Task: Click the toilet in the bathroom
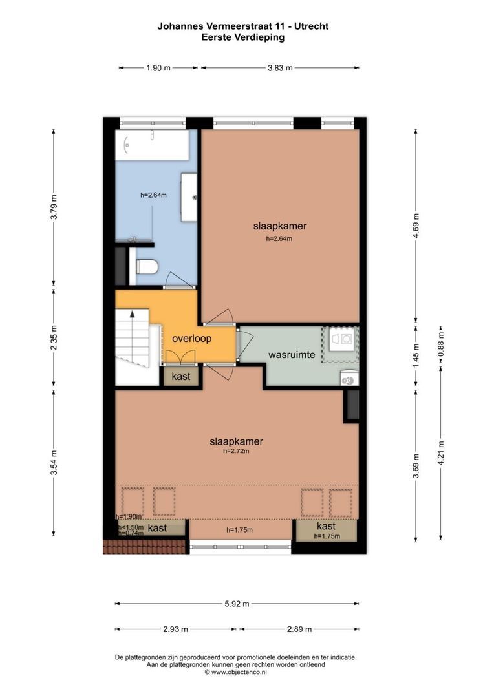(147, 267)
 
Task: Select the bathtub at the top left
(152, 145)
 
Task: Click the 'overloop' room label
(193, 338)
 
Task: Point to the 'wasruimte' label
(292, 355)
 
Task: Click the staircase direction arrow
(132, 314)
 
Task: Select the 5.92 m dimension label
(236, 604)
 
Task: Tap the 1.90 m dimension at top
(158, 67)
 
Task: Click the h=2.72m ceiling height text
(236, 451)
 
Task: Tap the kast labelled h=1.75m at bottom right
(326, 529)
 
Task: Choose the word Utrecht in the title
(314, 26)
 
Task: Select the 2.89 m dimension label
(299, 629)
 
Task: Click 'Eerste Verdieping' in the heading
(242, 37)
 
